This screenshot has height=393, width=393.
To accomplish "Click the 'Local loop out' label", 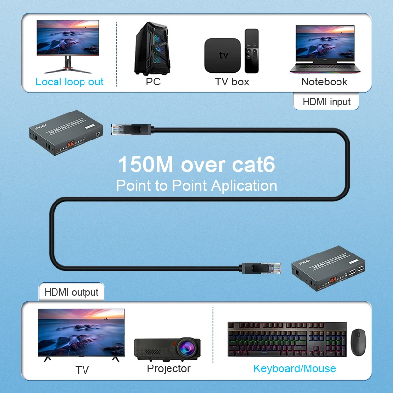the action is tap(69, 82).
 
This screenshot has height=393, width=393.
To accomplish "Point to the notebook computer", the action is tap(324, 49).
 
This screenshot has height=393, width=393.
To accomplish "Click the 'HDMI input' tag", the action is tap(326, 102).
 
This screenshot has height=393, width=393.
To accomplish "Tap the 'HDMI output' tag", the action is tap(71, 292).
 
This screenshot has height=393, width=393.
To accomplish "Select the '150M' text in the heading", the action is tap(146, 165).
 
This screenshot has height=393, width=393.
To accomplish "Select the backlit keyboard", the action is tap(287, 338).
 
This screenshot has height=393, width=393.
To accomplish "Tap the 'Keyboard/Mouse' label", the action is tap(295, 368).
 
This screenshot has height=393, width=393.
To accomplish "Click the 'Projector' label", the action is tap(168, 368).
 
